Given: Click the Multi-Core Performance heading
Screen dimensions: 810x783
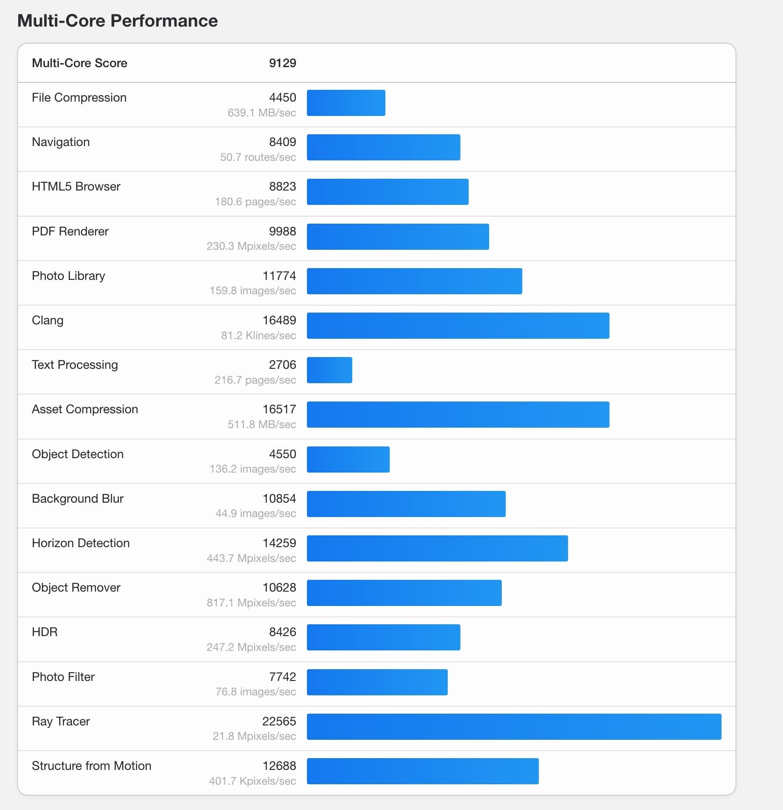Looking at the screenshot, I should pyautogui.click(x=117, y=20).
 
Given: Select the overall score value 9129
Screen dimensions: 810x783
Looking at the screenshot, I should pyautogui.click(x=283, y=63).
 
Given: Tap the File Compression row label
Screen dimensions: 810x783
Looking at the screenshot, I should pyautogui.click(x=79, y=97).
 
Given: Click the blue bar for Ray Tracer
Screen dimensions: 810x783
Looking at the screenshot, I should pyautogui.click(x=514, y=726).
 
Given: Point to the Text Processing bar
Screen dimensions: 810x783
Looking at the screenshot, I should pyautogui.click(x=329, y=370).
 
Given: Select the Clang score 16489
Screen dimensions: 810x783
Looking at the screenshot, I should pyautogui.click(x=279, y=320).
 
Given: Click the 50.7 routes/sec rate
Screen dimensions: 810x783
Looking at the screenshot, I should pyautogui.click(x=258, y=157).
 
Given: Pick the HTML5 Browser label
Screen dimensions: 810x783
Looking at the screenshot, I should pyautogui.click(x=76, y=186).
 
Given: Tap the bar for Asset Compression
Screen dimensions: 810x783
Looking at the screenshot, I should pyautogui.click(x=458, y=414).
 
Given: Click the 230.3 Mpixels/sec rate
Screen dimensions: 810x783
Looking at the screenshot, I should pyautogui.click(x=251, y=246).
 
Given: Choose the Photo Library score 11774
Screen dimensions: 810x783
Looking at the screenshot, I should pyautogui.click(x=279, y=276).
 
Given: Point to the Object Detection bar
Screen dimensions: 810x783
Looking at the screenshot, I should pyautogui.click(x=348, y=459).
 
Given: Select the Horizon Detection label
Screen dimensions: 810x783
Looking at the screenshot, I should pyautogui.click(x=81, y=543).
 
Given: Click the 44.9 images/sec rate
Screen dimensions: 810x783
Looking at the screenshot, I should pyautogui.click(x=255, y=513).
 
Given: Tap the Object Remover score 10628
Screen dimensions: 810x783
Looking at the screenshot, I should pyautogui.click(x=279, y=587).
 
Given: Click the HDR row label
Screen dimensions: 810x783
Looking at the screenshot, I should pyautogui.click(x=44, y=632).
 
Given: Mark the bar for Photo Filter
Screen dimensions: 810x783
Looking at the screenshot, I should pyautogui.click(x=377, y=682).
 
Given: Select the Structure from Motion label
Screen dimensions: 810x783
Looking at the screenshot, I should pyautogui.click(x=92, y=766).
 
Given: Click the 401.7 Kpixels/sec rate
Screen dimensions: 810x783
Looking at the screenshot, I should pyautogui.click(x=252, y=781).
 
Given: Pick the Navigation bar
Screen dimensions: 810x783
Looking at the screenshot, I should pyautogui.click(x=383, y=147).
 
